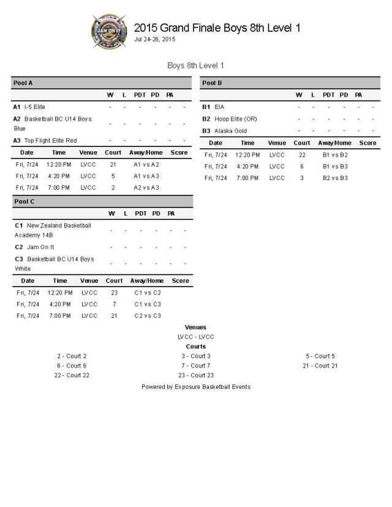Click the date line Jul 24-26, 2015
154,39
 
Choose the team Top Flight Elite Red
50,140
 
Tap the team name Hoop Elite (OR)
235,119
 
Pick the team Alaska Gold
230,130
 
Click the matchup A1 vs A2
146,164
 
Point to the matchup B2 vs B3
335,178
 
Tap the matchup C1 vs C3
147,304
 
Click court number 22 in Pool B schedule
302,155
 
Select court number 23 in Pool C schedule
114,293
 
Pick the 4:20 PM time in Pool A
59,176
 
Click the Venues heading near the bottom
195,328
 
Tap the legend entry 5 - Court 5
320,356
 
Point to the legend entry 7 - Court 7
195,366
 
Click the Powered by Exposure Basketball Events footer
195,387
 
